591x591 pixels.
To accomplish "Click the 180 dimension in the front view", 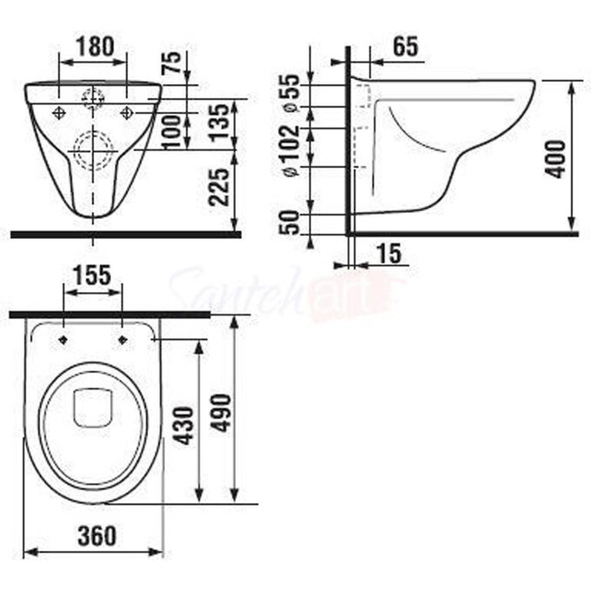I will click(93, 47).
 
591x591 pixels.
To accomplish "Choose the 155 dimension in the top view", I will click(93, 275).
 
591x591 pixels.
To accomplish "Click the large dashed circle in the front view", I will click(93, 151).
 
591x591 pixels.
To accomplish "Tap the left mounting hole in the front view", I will click(59, 112).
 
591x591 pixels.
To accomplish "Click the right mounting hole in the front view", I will click(128, 112).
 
